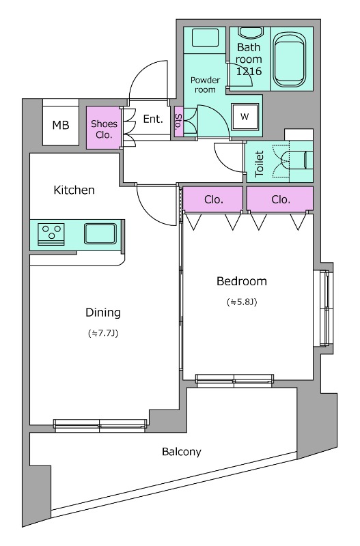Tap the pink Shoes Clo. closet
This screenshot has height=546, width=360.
click(104, 128)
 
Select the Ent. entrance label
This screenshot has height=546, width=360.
click(153, 119)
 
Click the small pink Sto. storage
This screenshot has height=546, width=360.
click(178, 122)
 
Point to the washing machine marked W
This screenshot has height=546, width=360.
click(244, 117)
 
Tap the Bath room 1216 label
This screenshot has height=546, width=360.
click(249, 59)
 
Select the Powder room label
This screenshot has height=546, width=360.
click(204, 85)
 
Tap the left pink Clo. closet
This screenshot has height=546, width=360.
click(212, 199)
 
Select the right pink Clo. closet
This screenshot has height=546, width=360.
click(279, 199)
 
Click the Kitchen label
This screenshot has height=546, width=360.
click(74, 190)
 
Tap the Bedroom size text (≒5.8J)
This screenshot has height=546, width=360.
click(241, 302)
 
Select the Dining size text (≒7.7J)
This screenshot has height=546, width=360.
click(103, 334)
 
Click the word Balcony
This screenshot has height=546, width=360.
click(181, 452)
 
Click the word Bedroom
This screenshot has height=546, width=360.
click(241, 281)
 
